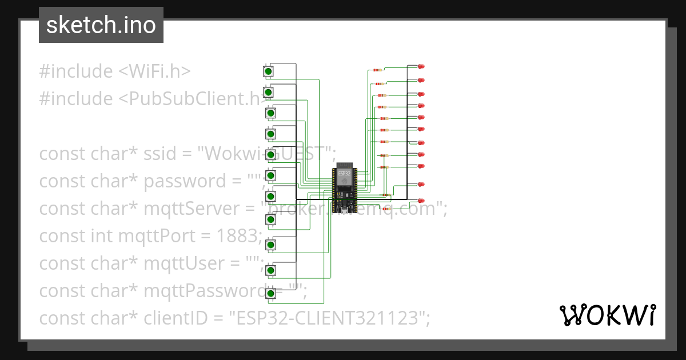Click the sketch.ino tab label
click(x=101, y=25)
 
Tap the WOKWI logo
click(x=607, y=315)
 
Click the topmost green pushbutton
click(x=268, y=71)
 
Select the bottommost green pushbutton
click(x=270, y=293)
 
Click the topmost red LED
click(x=422, y=66)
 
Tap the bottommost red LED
click(x=422, y=201)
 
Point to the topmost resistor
click(x=377, y=70)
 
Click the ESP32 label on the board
click(x=344, y=173)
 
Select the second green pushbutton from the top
click(x=268, y=92)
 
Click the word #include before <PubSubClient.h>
click(x=76, y=99)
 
